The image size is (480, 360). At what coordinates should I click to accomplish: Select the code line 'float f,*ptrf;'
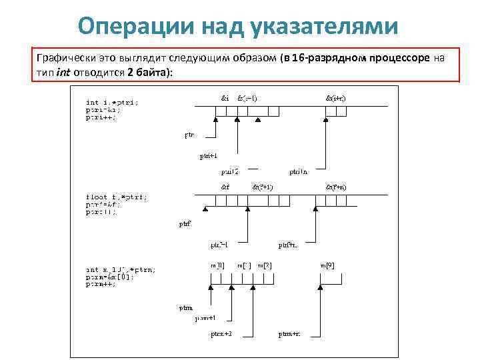117,197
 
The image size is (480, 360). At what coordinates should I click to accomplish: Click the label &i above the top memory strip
225,97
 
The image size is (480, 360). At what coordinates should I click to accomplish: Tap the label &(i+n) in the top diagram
335,97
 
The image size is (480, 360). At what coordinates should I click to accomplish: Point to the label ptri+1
208,157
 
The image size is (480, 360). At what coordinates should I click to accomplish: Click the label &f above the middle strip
225,187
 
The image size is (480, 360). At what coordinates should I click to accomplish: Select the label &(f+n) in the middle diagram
335,187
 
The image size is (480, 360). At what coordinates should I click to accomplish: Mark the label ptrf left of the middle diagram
185,224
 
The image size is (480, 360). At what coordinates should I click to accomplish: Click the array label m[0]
217,265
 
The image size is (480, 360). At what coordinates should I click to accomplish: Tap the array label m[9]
327,265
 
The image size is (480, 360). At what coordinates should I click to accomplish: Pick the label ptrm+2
222,333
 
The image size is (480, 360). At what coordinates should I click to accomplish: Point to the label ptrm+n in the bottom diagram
289,333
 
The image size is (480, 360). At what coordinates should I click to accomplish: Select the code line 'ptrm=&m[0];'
110,277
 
